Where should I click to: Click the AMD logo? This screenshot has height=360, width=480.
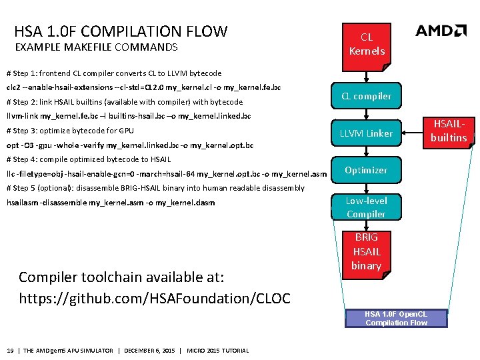click(441, 31)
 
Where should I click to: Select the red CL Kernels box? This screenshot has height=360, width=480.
click(366, 44)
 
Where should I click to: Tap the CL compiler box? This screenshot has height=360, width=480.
click(366, 97)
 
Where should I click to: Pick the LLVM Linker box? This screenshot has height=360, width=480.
click(366, 133)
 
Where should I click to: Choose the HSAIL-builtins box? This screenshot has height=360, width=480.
click(449, 131)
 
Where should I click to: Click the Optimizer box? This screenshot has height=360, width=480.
click(366, 170)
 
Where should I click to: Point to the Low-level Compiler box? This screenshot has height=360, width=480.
click(366, 207)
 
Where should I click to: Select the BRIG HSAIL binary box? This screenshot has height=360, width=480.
click(366, 252)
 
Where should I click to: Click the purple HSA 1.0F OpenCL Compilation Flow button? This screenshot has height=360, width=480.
click(396, 318)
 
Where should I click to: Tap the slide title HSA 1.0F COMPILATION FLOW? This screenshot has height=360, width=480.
click(121, 31)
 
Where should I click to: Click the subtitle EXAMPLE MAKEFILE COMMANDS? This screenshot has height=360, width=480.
click(96, 47)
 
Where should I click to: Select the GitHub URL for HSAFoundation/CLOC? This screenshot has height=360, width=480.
click(155, 297)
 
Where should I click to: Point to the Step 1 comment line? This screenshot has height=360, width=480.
click(113, 73)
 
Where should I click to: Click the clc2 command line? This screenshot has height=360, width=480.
click(143, 87)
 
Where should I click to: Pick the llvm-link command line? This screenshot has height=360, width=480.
click(128, 116)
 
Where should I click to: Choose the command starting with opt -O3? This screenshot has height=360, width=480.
click(129, 145)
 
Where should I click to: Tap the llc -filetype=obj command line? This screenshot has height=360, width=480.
click(167, 174)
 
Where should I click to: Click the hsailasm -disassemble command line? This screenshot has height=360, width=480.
click(110, 203)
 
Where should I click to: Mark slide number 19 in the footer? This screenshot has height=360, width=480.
click(10, 351)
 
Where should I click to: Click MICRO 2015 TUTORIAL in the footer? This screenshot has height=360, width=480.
click(218, 351)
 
